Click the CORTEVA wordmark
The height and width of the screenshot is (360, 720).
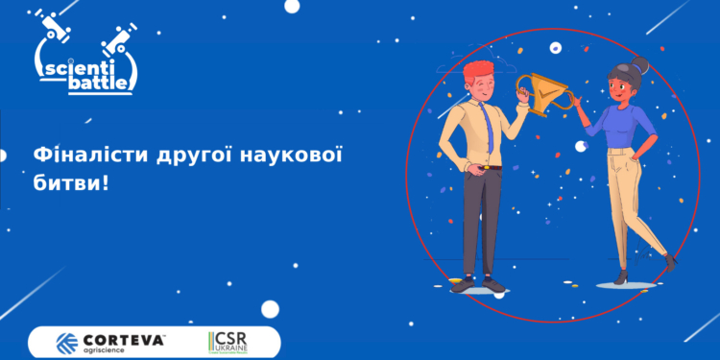click(x=125, y=339)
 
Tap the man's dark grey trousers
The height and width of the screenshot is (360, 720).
click(x=480, y=221)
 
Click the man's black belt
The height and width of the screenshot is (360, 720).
click(x=484, y=169)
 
